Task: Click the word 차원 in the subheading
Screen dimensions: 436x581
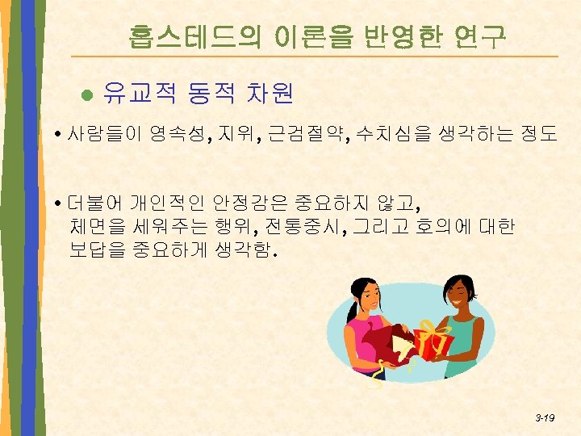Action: coord(267,95)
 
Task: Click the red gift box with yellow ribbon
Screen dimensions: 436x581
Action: coord(434,339)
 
